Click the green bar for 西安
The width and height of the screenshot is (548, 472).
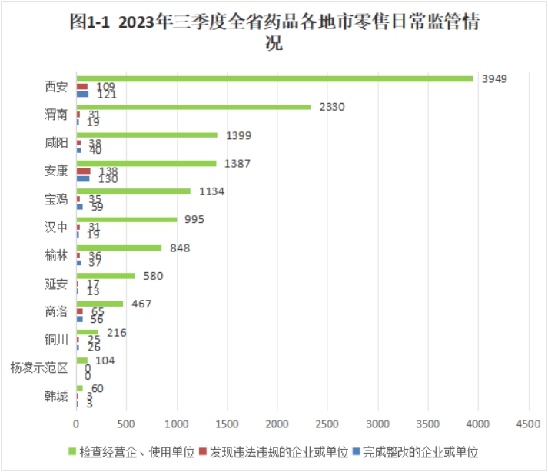coord(274,78)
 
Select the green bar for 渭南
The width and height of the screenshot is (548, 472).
coord(194,107)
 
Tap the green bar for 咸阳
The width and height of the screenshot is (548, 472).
coord(147,135)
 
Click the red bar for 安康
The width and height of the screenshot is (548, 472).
coord(84,171)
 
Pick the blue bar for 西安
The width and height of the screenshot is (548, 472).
coord(83,94)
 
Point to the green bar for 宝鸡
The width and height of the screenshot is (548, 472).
coord(134,191)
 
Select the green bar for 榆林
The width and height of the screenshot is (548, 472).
coord(119,248)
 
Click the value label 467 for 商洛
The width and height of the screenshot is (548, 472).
coord(141,304)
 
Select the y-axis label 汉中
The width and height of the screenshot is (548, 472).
coord(57,228)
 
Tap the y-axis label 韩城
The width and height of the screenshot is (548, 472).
coord(57,396)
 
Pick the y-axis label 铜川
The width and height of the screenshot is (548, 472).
coord(57,340)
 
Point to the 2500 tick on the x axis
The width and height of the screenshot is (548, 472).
coord(327,424)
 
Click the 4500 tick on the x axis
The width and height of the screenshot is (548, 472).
coord(528,424)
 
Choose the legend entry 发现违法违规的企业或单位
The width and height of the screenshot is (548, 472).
coord(273,451)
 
